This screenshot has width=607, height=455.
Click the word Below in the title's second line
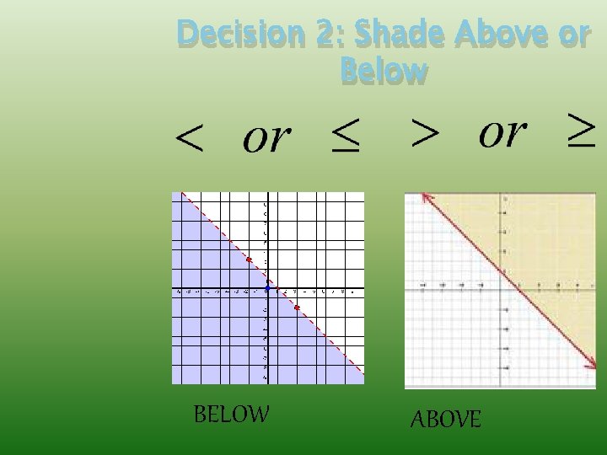click(x=384, y=71)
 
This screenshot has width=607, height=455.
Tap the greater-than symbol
click(x=425, y=132)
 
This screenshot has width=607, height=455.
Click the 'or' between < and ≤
click(x=266, y=137)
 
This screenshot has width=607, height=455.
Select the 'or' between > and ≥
click(x=502, y=131)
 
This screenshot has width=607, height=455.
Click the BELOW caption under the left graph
click(x=231, y=415)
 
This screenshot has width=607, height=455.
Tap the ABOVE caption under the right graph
click(x=445, y=419)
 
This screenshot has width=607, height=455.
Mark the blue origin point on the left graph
click(x=267, y=289)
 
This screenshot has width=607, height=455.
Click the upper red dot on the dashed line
click(x=249, y=260)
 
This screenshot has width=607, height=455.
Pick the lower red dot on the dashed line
click(x=297, y=308)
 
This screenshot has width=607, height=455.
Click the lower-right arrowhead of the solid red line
click(x=592, y=366)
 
